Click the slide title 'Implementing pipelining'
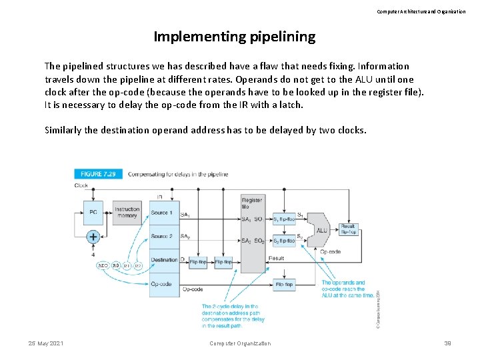click(234, 37)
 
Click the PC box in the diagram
click(93, 212)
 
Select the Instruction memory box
click(127, 212)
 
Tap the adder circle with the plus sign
click(93, 237)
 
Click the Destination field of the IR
click(163, 260)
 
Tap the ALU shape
click(321, 230)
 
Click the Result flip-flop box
click(348, 229)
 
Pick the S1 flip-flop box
click(283, 219)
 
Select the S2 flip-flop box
click(283, 241)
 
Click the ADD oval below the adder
click(103, 265)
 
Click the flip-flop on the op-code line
click(283, 285)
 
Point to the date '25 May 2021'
click(45, 343)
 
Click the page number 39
click(447, 343)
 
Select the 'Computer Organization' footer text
click(240, 343)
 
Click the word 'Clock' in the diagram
click(81, 185)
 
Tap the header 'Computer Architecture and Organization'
click(421, 11)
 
